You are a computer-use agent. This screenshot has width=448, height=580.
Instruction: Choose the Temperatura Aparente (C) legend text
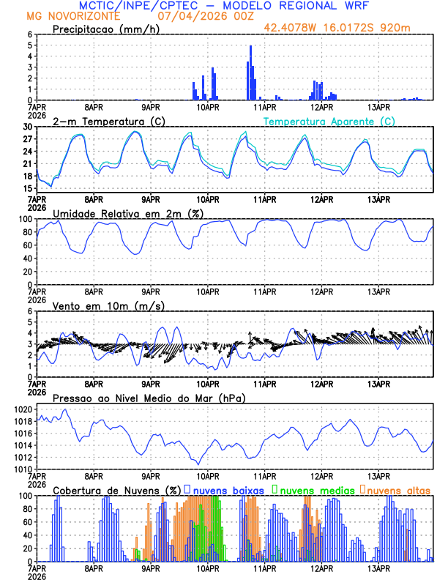point(329,121)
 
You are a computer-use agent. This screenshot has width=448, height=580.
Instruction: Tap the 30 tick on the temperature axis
point(26,127)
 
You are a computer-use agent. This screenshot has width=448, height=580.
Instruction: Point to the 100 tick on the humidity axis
point(24,219)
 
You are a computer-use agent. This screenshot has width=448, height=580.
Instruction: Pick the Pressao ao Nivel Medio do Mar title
point(149,398)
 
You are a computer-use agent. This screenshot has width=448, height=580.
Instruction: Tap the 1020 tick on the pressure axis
point(22,409)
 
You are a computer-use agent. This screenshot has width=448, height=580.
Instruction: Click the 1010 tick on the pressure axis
point(22,469)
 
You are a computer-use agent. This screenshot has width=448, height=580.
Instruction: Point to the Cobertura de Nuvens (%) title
point(116,489)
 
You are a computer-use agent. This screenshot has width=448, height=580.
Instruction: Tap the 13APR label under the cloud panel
point(378,568)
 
